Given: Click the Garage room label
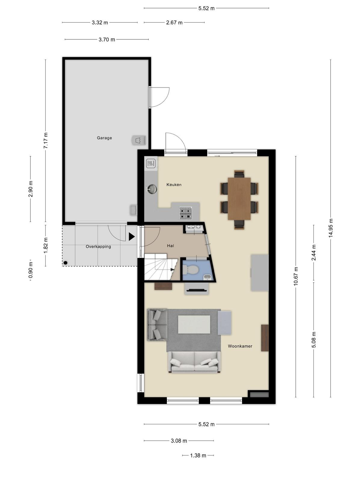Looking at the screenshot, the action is point(104,138).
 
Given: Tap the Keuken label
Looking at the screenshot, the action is point(174,185).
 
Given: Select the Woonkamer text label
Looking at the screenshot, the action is point(240,346).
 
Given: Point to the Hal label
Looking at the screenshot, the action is point(170,246).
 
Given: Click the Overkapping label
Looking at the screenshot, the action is point(98,247).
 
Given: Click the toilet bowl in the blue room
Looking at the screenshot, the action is point(190,270).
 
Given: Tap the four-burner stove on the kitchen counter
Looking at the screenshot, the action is point(185,213).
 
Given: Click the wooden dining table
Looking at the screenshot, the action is point(239,198).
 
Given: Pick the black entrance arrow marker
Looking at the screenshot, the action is point(131,237).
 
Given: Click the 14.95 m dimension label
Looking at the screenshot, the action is point(331,228).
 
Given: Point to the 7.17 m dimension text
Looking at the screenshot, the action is point(46,141).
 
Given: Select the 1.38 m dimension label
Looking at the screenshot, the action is point(198,455).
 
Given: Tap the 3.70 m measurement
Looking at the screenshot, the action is point(107,40).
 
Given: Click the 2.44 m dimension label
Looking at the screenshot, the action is point(314,253).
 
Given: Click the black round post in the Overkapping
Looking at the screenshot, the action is point(65,263).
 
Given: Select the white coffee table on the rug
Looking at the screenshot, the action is point(194,324).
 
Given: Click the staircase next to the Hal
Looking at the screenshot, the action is point(161,267).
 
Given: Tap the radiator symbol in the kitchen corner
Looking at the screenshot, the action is point(151,163).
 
